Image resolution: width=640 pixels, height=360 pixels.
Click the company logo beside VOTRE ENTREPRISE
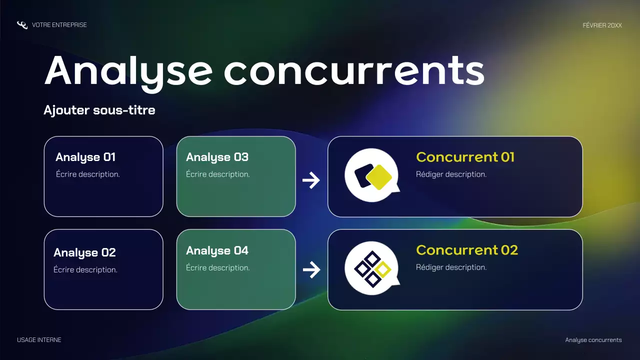click(x=22, y=25)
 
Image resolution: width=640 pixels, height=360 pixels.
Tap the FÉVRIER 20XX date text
click(x=602, y=25)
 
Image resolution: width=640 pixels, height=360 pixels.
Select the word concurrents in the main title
click(x=354, y=71)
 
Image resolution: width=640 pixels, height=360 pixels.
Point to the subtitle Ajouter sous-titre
click(x=99, y=110)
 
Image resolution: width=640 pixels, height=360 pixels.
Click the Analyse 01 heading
click(x=85, y=157)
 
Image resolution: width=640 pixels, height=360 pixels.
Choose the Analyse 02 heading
click(x=84, y=252)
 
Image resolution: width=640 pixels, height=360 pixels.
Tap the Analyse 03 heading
click(x=217, y=157)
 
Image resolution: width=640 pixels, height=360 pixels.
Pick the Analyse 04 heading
click(x=217, y=250)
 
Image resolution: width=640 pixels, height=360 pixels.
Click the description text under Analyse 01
click(x=87, y=174)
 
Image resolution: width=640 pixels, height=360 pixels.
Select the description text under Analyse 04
click(x=217, y=268)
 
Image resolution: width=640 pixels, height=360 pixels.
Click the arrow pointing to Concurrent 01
click(x=311, y=180)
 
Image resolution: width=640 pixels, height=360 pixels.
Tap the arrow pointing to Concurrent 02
click(x=311, y=270)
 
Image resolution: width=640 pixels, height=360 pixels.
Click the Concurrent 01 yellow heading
click(x=465, y=157)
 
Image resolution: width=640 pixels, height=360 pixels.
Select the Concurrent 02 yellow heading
click(x=466, y=250)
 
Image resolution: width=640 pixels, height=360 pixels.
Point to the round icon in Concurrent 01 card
click(x=372, y=175)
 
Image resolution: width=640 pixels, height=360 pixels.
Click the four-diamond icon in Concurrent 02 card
click(x=372, y=268)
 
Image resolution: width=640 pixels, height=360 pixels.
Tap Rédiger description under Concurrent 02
click(x=451, y=267)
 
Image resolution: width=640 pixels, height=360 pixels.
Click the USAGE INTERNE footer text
click(x=39, y=340)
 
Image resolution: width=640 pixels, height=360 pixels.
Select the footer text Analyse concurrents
click(x=593, y=340)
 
